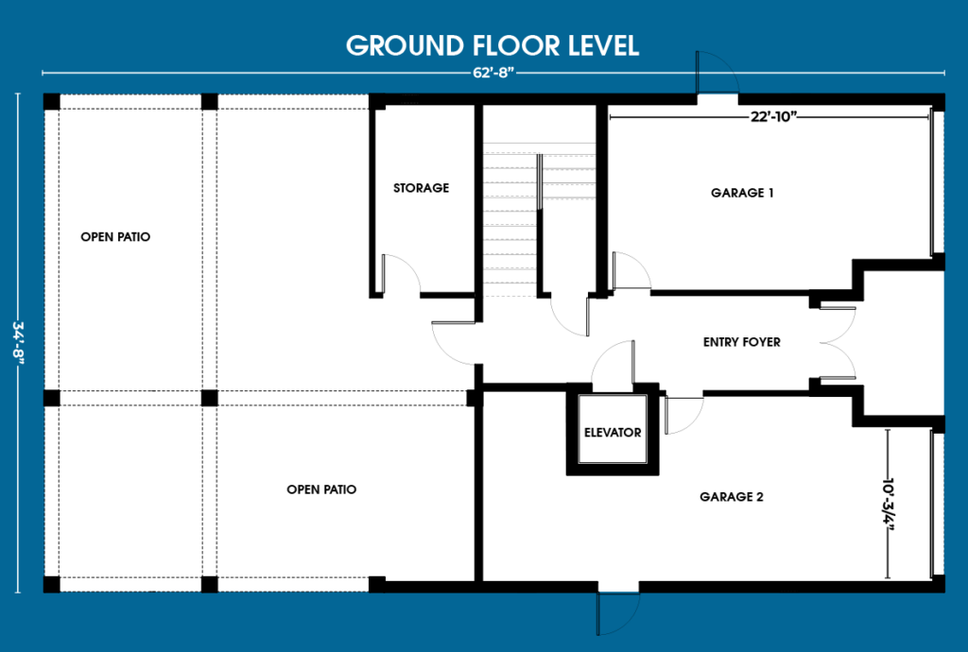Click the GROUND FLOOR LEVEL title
492,45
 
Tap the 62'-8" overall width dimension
493,73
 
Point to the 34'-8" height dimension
18,342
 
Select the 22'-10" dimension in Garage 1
773,116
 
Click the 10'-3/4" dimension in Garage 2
888,504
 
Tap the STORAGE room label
421,187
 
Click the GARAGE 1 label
742,193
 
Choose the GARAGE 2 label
731,496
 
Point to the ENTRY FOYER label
741,342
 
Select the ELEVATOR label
613,433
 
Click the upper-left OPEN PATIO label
115,237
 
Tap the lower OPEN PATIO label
321,489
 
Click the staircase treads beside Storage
510,222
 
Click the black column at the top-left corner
52,102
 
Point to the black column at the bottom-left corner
52,584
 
